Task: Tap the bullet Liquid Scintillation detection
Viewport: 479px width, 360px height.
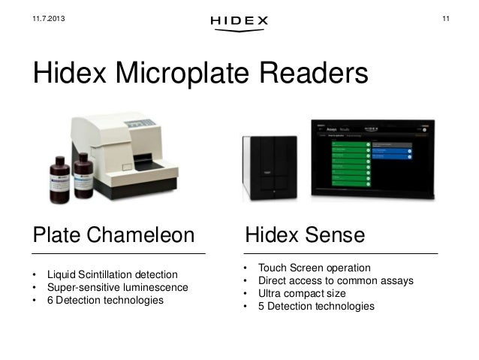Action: click(x=112, y=274)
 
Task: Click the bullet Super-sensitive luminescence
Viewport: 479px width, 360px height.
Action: click(x=116, y=287)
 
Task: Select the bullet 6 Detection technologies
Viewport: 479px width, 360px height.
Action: click(x=104, y=300)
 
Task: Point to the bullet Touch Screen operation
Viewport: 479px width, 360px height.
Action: click(x=314, y=268)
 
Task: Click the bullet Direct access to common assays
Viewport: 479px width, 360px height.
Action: click(x=336, y=281)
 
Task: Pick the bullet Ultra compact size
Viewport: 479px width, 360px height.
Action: click(x=302, y=294)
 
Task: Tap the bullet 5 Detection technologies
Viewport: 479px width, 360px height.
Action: click(x=315, y=307)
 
